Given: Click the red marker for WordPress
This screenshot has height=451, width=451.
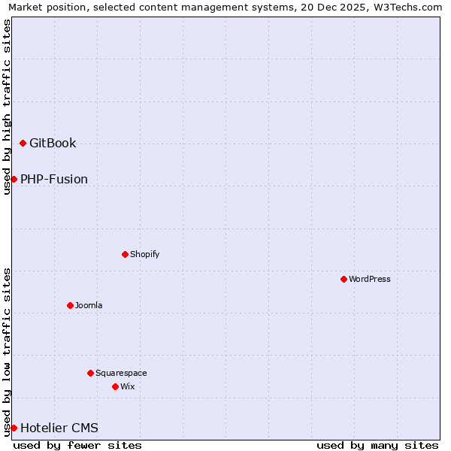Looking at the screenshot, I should [344, 279].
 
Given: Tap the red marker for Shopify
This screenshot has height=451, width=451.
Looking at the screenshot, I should [125, 254].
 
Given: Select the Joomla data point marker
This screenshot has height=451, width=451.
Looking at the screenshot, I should [70, 305].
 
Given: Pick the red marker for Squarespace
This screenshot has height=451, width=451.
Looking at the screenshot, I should [90, 373].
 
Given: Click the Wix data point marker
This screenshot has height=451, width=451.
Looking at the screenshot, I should [115, 386].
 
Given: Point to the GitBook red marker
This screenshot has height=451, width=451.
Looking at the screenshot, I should [23, 143].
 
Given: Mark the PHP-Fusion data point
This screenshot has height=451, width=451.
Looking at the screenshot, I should [14, 179].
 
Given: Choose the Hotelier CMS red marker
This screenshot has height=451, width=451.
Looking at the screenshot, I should [14, 428].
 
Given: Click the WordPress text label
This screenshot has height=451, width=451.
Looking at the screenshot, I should [370, 279].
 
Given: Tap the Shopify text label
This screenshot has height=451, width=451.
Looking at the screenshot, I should [145, 254].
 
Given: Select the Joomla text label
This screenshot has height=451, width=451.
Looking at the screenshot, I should [89, 305].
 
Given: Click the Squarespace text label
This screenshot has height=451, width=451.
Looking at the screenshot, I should [121, 373].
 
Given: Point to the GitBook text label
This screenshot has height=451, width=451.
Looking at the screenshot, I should [53, 143].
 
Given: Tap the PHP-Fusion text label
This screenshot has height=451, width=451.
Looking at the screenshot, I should [54, 179].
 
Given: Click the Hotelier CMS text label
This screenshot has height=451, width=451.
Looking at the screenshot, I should [59, 428].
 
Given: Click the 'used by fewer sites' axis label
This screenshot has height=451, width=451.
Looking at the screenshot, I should [77, 445].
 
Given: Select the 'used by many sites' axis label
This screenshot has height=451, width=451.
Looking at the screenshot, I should [377, 445].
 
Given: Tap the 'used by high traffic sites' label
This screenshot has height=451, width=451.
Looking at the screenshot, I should [7, 107].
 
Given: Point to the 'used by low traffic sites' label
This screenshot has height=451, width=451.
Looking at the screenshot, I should [7, 352].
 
